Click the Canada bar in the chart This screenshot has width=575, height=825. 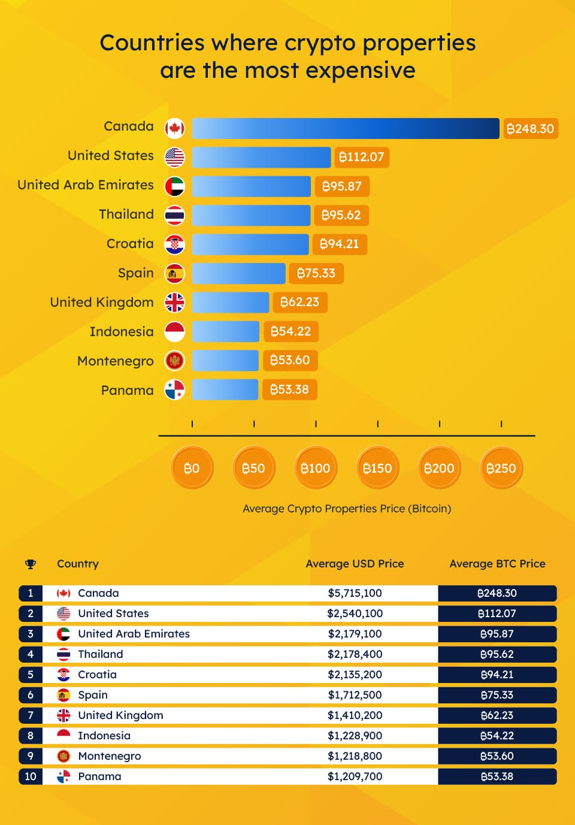[345, 128]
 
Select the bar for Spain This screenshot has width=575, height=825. [238, 273]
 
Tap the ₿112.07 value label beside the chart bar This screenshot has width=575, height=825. [362, 157]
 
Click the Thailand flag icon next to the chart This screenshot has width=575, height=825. [175, 215]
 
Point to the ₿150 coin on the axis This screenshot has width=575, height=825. [377, 468]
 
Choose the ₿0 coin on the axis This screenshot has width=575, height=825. [192, 468]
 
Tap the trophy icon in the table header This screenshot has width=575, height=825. [31, 564]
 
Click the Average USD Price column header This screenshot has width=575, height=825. [355, 564]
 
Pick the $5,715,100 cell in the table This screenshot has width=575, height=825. [355, 593]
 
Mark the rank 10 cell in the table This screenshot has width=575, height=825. [31, 776]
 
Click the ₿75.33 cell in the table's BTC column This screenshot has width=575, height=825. [497, 695]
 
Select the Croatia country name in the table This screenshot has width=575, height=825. [97, 675]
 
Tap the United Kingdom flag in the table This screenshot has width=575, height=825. [63, 715]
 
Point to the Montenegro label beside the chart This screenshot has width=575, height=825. [115, 361]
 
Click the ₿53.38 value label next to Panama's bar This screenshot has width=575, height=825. [290, 389]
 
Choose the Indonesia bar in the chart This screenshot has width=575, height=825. [225, 331]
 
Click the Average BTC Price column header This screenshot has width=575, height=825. [497, 564]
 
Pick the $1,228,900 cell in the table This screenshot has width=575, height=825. [355, 736]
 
